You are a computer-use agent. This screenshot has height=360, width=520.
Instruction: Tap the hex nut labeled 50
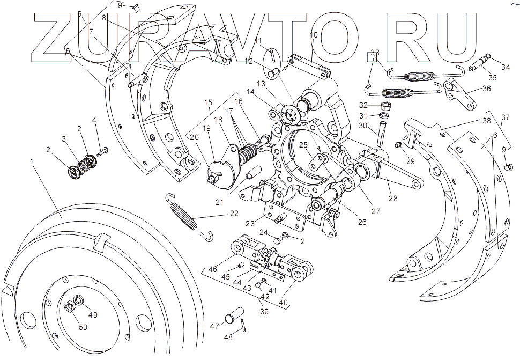pyautogui.click(x=69, y=307)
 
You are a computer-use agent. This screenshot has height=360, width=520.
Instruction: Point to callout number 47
pyautogui.click(x=214, y=326)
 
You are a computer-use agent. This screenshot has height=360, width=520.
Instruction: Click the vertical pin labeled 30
pyautogui.click(x=382, y=133)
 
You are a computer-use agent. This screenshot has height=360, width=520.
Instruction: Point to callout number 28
pyautogui.click(x=393, y=198)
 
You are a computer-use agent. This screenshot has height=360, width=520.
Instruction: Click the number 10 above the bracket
pyautogui.click(x=313, y=35)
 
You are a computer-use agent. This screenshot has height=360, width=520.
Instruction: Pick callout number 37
pyautogui.click(x=506, y=117)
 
